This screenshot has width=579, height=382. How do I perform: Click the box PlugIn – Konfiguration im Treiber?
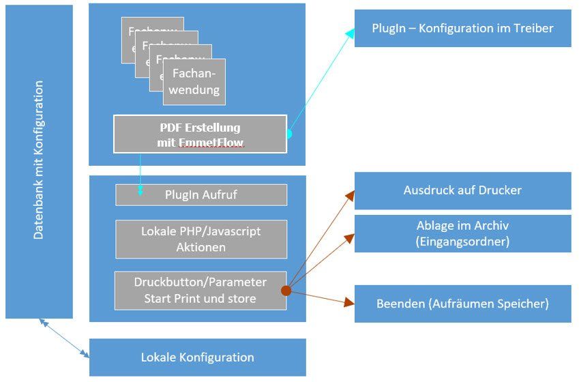pos(462,28)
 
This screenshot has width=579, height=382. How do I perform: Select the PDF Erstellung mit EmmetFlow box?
pos(200,134)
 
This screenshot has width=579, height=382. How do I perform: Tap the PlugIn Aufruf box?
pos(201,194)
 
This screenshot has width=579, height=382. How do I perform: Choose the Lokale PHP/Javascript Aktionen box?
pos(201,239)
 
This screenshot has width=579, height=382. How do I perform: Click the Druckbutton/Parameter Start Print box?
pos(201,290)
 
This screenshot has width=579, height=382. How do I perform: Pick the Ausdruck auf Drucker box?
pos(462,190)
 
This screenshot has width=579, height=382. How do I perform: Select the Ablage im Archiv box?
pos(462,233)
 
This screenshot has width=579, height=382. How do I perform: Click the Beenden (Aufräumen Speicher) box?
pos(462,304)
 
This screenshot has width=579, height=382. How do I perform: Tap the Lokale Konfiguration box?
pos(197,357)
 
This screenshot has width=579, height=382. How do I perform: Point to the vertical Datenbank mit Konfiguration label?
pos(39,160)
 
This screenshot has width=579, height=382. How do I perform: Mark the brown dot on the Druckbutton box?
pos(286,291)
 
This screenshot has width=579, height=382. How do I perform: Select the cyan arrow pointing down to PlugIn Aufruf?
pos(140,176)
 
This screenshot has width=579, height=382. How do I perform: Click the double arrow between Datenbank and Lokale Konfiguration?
pos(65,337)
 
